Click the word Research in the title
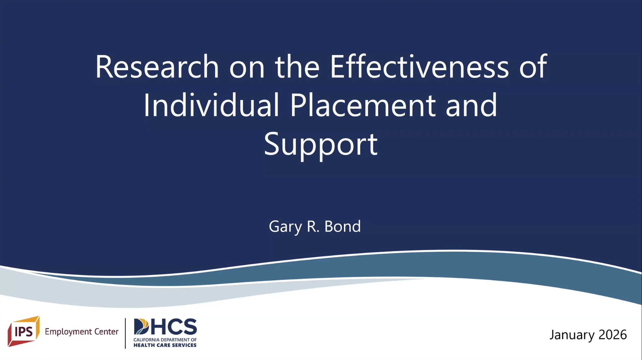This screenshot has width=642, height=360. point(157,66)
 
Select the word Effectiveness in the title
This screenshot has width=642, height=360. point(419,66)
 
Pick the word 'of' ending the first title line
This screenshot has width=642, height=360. point(533,66)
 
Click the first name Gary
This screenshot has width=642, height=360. point(285,227)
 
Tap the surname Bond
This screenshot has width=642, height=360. point(343,226)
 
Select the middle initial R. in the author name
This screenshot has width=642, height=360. point(313,226)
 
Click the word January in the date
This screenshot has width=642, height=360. point(572,335)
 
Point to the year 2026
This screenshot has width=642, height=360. point(613,335)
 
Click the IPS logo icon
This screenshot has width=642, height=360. point(24,331)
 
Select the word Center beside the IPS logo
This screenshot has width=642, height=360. point(107,331)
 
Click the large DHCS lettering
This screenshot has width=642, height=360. point(165,327)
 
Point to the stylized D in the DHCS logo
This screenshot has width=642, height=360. point(141,327)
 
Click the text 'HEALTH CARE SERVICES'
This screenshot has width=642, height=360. point(165,345)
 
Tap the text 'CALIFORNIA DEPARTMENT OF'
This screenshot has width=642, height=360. point(165,340)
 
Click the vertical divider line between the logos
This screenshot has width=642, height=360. point(125,333)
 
